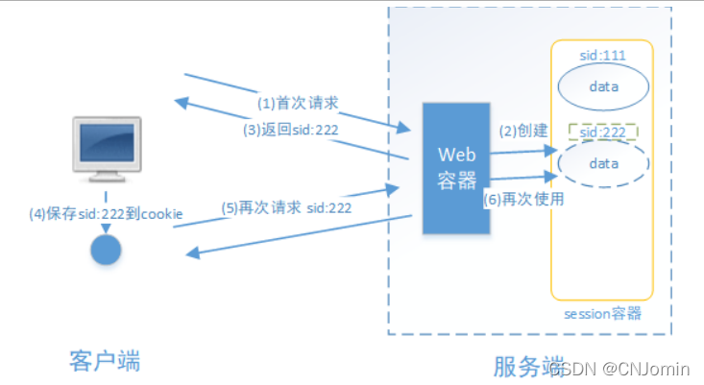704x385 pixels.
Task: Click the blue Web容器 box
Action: point(456,167)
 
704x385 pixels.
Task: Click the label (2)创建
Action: point(521,131)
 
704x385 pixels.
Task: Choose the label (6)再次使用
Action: point(523,200)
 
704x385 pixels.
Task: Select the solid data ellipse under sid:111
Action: point(604,87)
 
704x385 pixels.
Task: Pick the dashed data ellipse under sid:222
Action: point(604,164)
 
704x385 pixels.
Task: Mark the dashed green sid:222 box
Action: point(603,132)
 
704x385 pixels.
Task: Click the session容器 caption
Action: point(603,313)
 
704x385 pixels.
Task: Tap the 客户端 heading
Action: point(105,361)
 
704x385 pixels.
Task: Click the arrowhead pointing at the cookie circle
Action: point(192,253)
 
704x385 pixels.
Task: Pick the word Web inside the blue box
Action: point(456,154)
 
